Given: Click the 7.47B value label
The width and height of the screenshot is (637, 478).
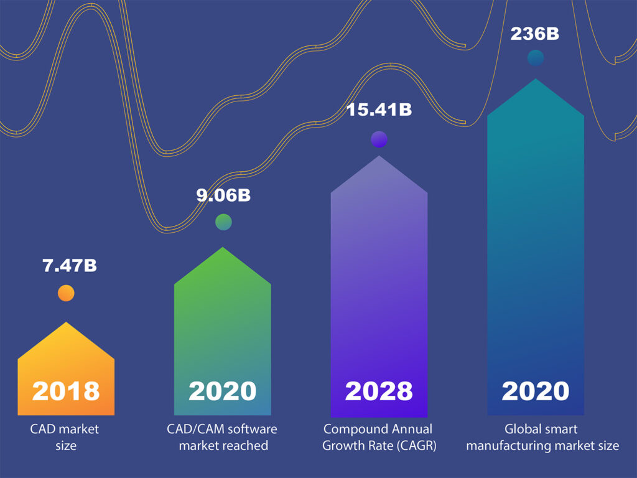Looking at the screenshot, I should [69, 266].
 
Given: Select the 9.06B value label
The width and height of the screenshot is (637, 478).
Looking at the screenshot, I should [223, 195].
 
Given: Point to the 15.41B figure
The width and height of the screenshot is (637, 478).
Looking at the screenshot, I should [379, 110].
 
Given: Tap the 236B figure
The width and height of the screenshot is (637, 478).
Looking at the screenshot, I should [535, 34].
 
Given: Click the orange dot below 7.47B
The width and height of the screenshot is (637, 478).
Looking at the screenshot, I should [66, 293].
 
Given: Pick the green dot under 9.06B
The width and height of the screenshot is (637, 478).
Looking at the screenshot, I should [223, 222].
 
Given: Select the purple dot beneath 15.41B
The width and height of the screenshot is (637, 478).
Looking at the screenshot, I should [379, 139].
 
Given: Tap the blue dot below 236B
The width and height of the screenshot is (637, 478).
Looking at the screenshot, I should [536, 59].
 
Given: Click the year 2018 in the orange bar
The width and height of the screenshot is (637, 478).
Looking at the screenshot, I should [66, 391].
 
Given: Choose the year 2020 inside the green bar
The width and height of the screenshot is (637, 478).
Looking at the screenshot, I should [223, 391].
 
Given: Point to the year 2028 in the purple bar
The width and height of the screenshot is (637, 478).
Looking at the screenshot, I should [379, 391].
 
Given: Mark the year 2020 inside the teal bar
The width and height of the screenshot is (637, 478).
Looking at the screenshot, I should [536, 391].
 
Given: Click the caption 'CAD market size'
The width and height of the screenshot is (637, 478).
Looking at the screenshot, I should [65, 437].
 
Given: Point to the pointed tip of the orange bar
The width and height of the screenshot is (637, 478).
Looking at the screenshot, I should [66, 323].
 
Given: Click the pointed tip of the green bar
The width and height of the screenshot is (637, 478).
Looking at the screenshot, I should [223, 248].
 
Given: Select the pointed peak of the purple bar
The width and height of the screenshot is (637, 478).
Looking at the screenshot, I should [379, 156].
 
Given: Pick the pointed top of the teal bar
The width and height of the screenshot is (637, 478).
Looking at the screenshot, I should [536, 80].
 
